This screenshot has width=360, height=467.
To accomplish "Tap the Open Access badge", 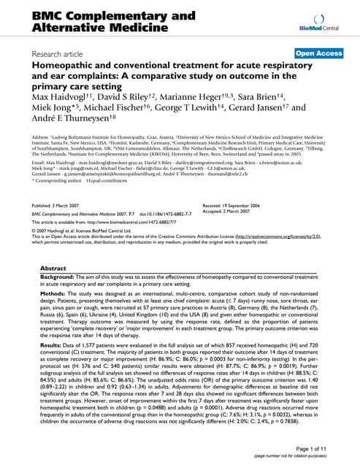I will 319,53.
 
